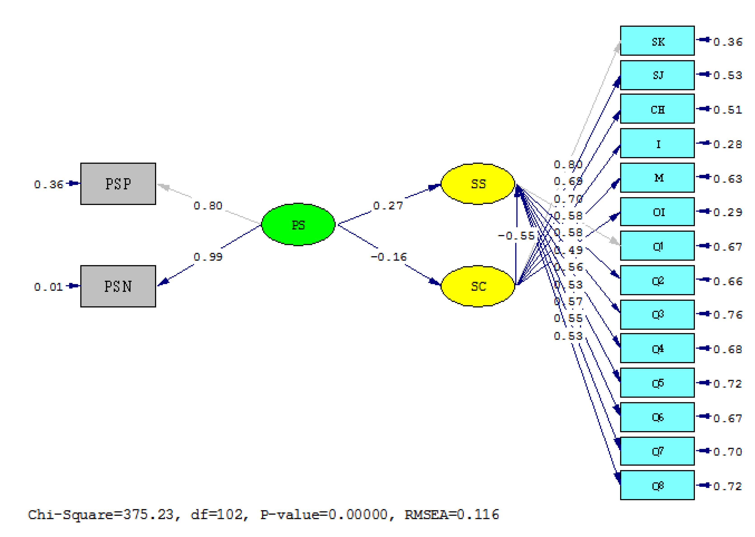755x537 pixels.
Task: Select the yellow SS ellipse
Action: point(478,184)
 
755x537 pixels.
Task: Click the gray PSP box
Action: point(118,184)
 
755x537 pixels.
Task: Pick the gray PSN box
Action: point(118,286)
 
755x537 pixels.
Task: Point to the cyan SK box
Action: point(657,41)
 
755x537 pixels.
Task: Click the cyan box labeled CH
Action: point(657,109)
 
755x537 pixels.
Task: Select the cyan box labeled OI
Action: point(657,212)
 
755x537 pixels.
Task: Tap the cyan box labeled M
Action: point(657,178)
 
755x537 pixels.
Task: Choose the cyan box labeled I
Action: point(657,144)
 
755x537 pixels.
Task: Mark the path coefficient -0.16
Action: point(389,257)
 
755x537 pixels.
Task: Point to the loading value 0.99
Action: point(208,257)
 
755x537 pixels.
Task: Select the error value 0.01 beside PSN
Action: point(48,287)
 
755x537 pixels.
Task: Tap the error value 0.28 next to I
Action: point(727,144)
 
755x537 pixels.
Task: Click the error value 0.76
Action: point(727,315)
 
